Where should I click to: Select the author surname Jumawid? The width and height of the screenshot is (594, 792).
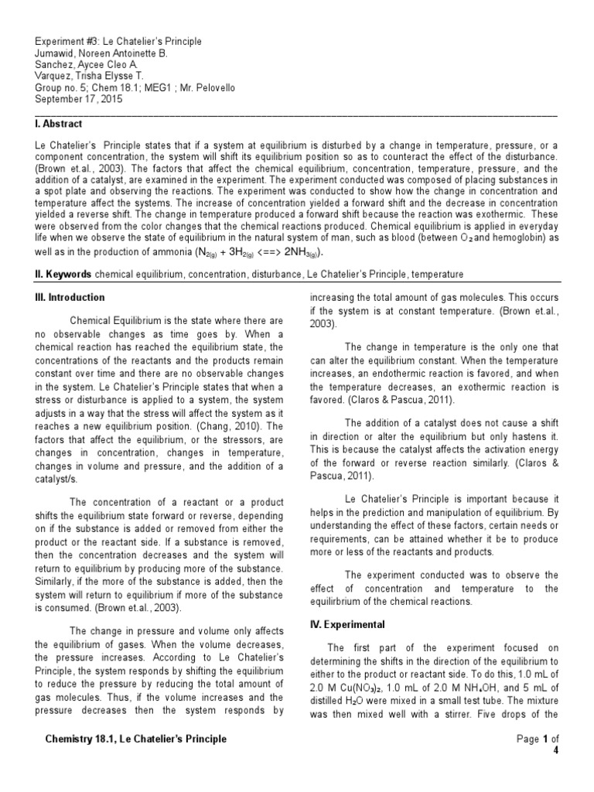click(60, 53)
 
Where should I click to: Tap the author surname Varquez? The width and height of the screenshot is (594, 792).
click(58, 77)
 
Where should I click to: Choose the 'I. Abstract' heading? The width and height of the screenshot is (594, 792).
click(59, 124)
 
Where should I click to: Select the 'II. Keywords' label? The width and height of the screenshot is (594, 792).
click(64, 275)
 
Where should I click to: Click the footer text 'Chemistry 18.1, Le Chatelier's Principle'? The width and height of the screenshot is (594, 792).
click(136, 739)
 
